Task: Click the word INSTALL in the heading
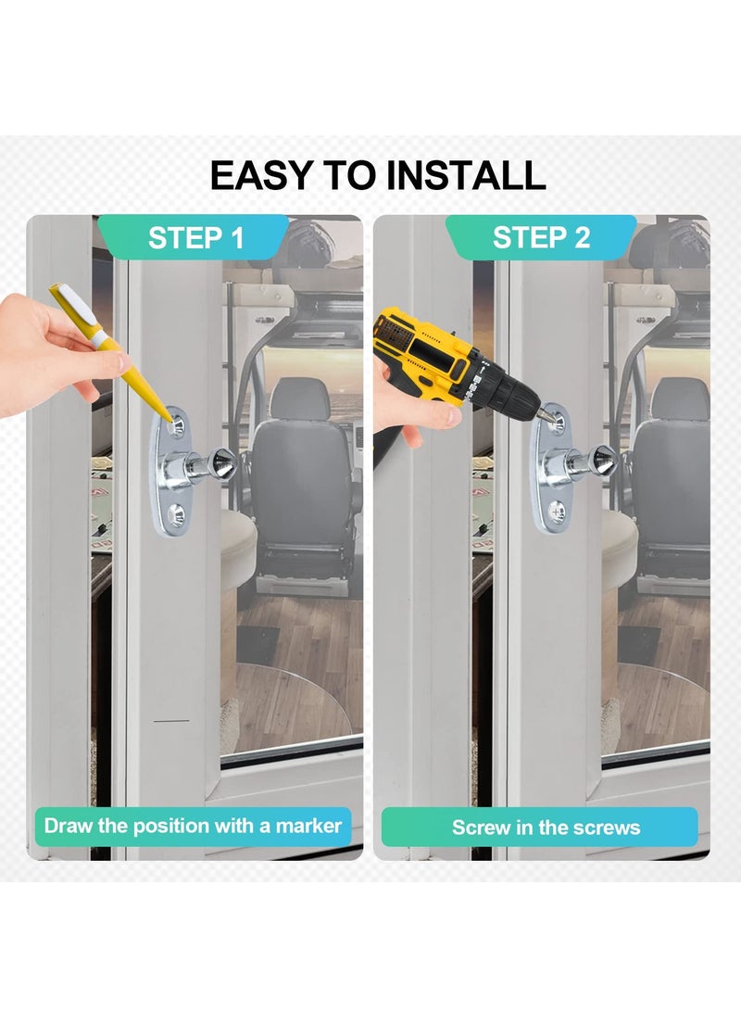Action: (x=466, y=175)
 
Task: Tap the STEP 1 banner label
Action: (x=195, y=237)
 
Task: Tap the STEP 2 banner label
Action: (x=541, y=237)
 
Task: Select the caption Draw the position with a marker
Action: (x=193, y=825)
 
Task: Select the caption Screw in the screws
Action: (x=546, y=828)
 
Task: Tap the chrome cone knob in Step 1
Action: (x=222, y=460)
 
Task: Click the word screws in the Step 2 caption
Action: (x=608, y=828)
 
